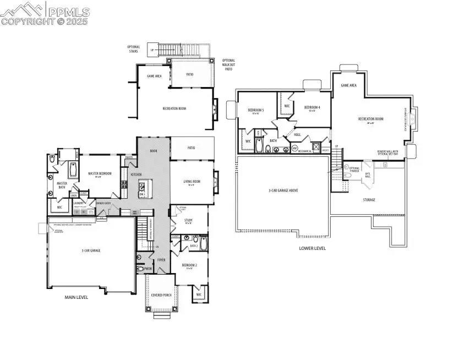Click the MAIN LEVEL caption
tap(76, 297)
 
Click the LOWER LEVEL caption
tap(313, 248)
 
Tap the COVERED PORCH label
tap(161, 294)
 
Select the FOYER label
tap(161, 259)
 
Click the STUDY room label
tap(188, 220)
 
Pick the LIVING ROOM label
tap(192, 181)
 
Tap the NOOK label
tap(154, 150)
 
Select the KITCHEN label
tap(136, 175)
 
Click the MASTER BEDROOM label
tap(100, 173)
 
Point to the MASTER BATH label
tap(62, 185)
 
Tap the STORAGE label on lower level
tap(369, 200)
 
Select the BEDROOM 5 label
tap(256, 110)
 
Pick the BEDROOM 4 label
tap(312, 107)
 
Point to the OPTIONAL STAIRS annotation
tap(134, 49)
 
